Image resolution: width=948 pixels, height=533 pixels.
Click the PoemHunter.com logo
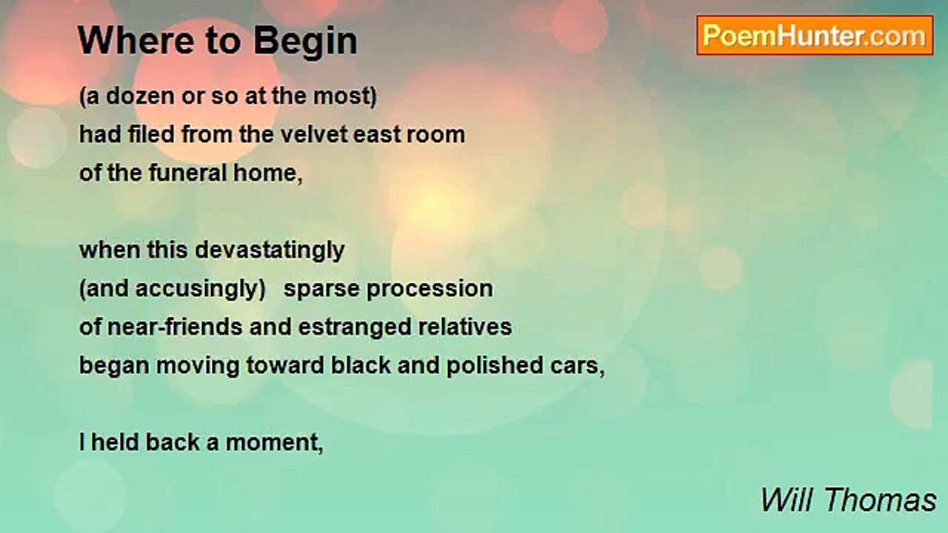coord(815,36)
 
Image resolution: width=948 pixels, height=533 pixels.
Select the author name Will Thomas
coord(849,500)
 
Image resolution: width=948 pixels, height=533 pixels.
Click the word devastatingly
coord(270,251)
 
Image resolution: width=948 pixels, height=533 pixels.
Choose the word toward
coord(285,366)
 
